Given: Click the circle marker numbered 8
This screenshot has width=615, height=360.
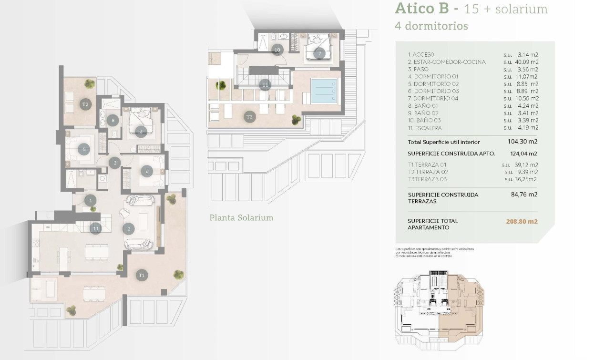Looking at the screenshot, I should (113, 121).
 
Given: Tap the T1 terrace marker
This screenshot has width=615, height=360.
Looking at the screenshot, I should (141, 275).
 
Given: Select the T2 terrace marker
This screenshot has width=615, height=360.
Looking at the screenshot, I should (85, 104).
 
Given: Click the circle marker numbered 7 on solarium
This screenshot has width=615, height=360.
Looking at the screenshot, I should (319, 53).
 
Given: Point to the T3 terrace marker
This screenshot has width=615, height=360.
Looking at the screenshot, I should (249, 116).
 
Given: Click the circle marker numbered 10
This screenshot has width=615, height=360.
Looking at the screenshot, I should (277, 50).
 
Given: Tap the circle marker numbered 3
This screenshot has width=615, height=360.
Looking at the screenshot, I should (114, 163).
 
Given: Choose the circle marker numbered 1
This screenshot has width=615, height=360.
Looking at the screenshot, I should (91, 201).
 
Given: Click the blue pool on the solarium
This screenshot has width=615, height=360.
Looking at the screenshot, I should (324, 91).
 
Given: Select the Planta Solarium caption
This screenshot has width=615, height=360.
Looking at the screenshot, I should (241, 218).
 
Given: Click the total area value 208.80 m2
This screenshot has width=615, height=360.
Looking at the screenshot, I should (522, 222).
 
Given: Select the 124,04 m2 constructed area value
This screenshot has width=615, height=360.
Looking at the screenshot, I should (523, 154).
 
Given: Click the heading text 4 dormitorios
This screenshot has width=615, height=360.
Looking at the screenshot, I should (431, 26).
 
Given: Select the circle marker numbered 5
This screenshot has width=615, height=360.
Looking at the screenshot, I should (84, 149).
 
